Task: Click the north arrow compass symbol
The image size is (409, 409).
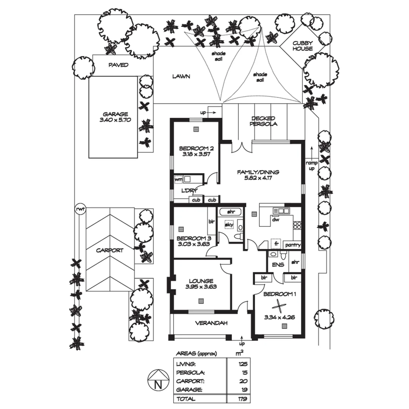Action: click(x=156, y=381)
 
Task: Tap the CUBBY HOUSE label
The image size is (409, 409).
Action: click(x=302, y=46)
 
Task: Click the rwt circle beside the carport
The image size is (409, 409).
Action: click(x=80, y=209)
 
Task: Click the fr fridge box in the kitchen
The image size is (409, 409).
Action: click(x=276, y=244)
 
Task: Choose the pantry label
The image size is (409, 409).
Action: click(x=293, y=245)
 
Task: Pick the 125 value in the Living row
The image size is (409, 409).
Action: click(x=242, y=364)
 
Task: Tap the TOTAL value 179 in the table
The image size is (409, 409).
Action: click(x=242, y=399)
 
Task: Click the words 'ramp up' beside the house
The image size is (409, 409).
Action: click(x=311, y=165)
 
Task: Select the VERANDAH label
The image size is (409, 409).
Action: click(x=211, y=323)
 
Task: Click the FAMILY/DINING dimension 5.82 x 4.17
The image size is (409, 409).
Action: click(x=258, y=178)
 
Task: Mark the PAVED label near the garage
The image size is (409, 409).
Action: click(x=119, y=65)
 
